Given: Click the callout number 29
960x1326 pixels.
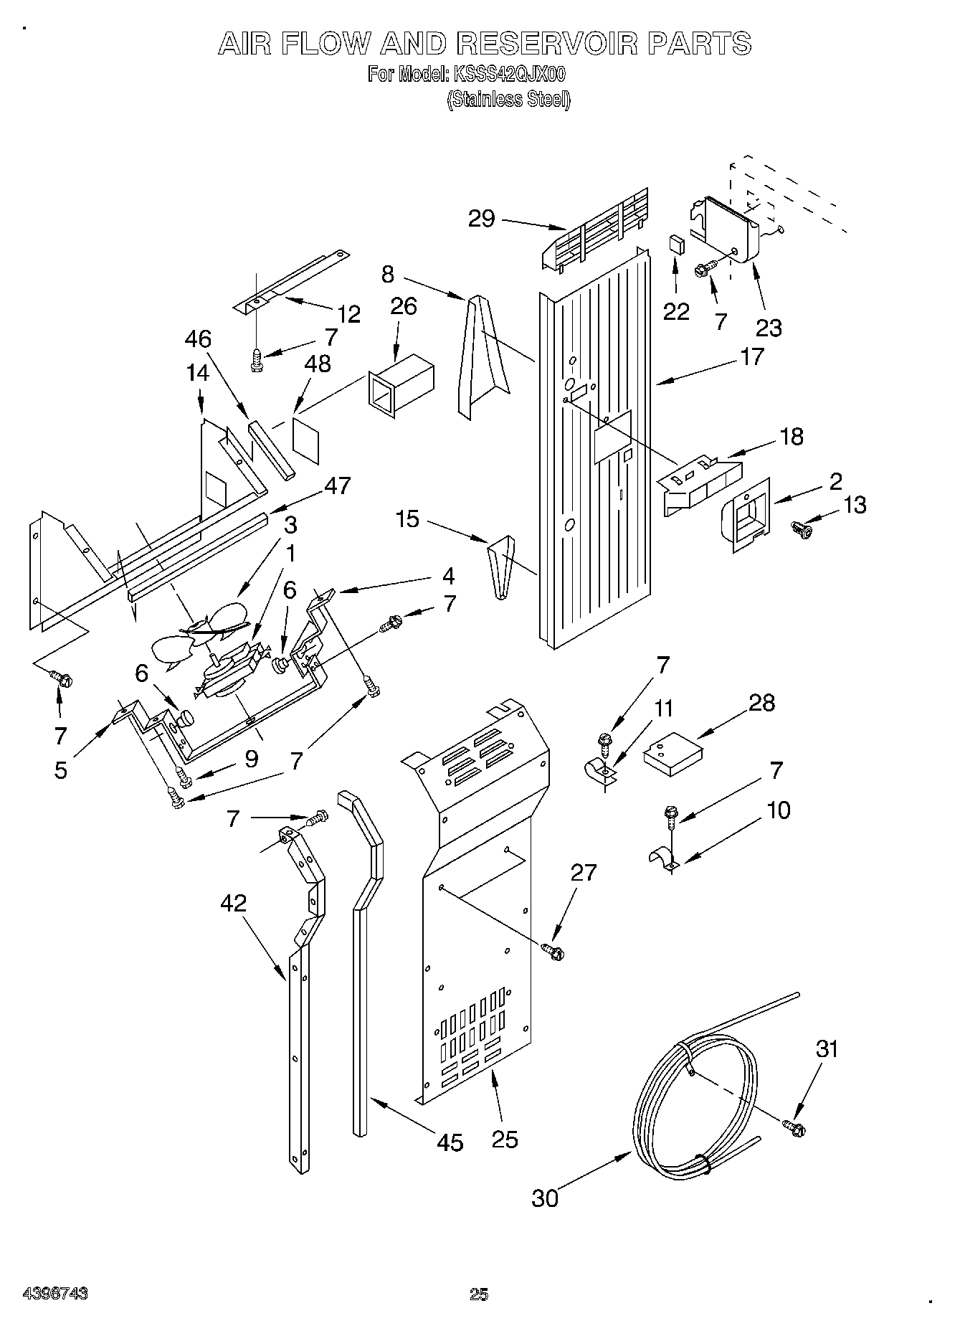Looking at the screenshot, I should coord(481,217).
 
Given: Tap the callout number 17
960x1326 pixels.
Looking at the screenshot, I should coord(751,356).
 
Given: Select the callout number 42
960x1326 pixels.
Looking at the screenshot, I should coord(234,903).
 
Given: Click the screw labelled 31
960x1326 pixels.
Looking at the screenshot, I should coord(794,1127).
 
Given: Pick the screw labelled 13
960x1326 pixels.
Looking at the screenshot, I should coord(802,529).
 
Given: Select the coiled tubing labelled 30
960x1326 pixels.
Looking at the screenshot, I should coord(688,1097).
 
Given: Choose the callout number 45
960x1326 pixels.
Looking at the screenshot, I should coord(450,1142).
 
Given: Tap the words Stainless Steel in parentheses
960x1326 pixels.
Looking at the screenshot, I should coord(508,99).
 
